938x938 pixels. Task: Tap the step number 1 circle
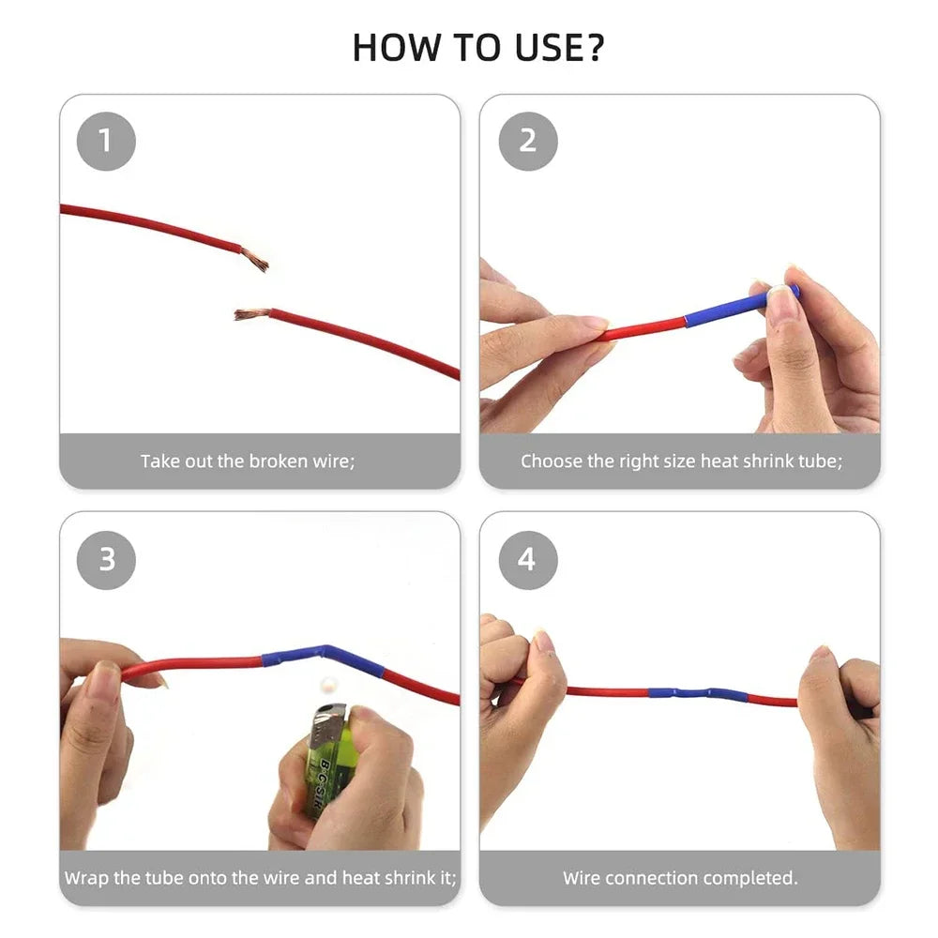pos(106,141)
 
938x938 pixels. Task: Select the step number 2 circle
pos(527,141)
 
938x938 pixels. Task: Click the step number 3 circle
pos(106,559)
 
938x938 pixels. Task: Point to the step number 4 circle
pos(527,559)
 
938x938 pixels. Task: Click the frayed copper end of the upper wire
pos(254,259)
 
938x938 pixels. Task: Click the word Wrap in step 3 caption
pos(87,879)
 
